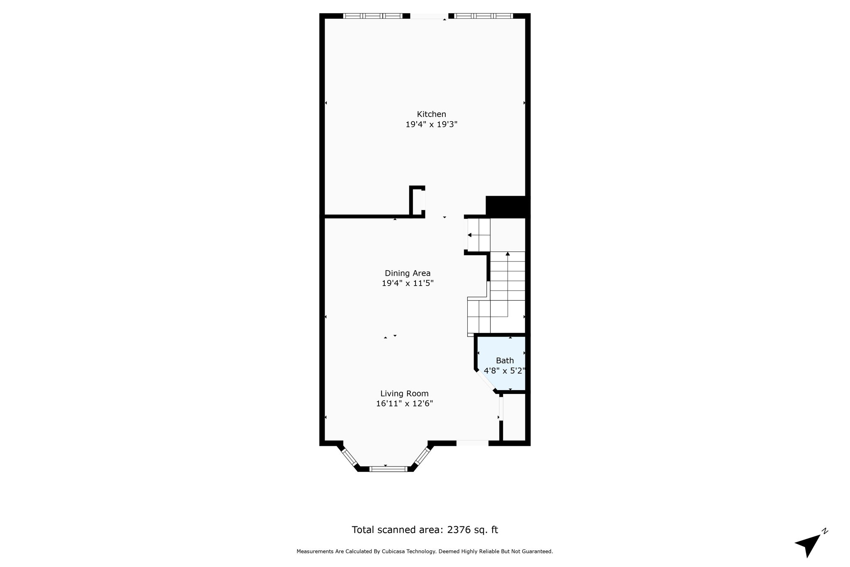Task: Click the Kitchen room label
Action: tap(431, 114)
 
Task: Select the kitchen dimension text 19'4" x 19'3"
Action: tap(431, 124)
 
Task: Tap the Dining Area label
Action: tap(408, 273)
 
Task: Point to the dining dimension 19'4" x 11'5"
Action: tap(408, 283)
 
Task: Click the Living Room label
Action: tap(404, 393)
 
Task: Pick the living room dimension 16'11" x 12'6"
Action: tap(404, 403)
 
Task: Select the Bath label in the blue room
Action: tap(505, 361)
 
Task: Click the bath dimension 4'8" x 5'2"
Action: tap(505, 371)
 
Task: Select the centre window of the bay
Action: tap(388, 469)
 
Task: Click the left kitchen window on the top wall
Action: tap(373, 16)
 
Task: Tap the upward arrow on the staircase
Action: tap(508, 254)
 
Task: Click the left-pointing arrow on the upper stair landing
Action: tap(470, 235)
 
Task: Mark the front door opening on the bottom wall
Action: tap(472, 443)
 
